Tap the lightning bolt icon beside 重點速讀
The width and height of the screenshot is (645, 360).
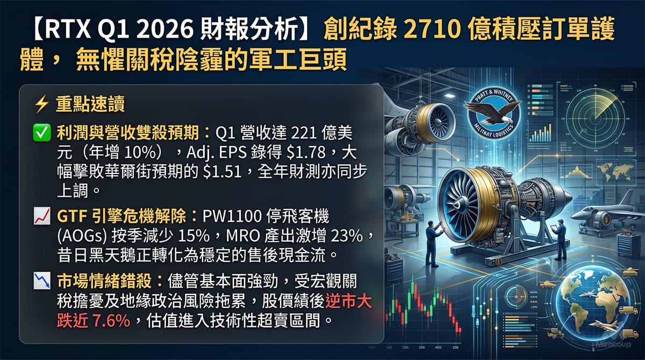pos(41,104)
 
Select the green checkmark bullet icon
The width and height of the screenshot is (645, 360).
pos(41,132)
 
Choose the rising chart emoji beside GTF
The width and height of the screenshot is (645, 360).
pos(41,217)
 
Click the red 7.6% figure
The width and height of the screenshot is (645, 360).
pos(112,321)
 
